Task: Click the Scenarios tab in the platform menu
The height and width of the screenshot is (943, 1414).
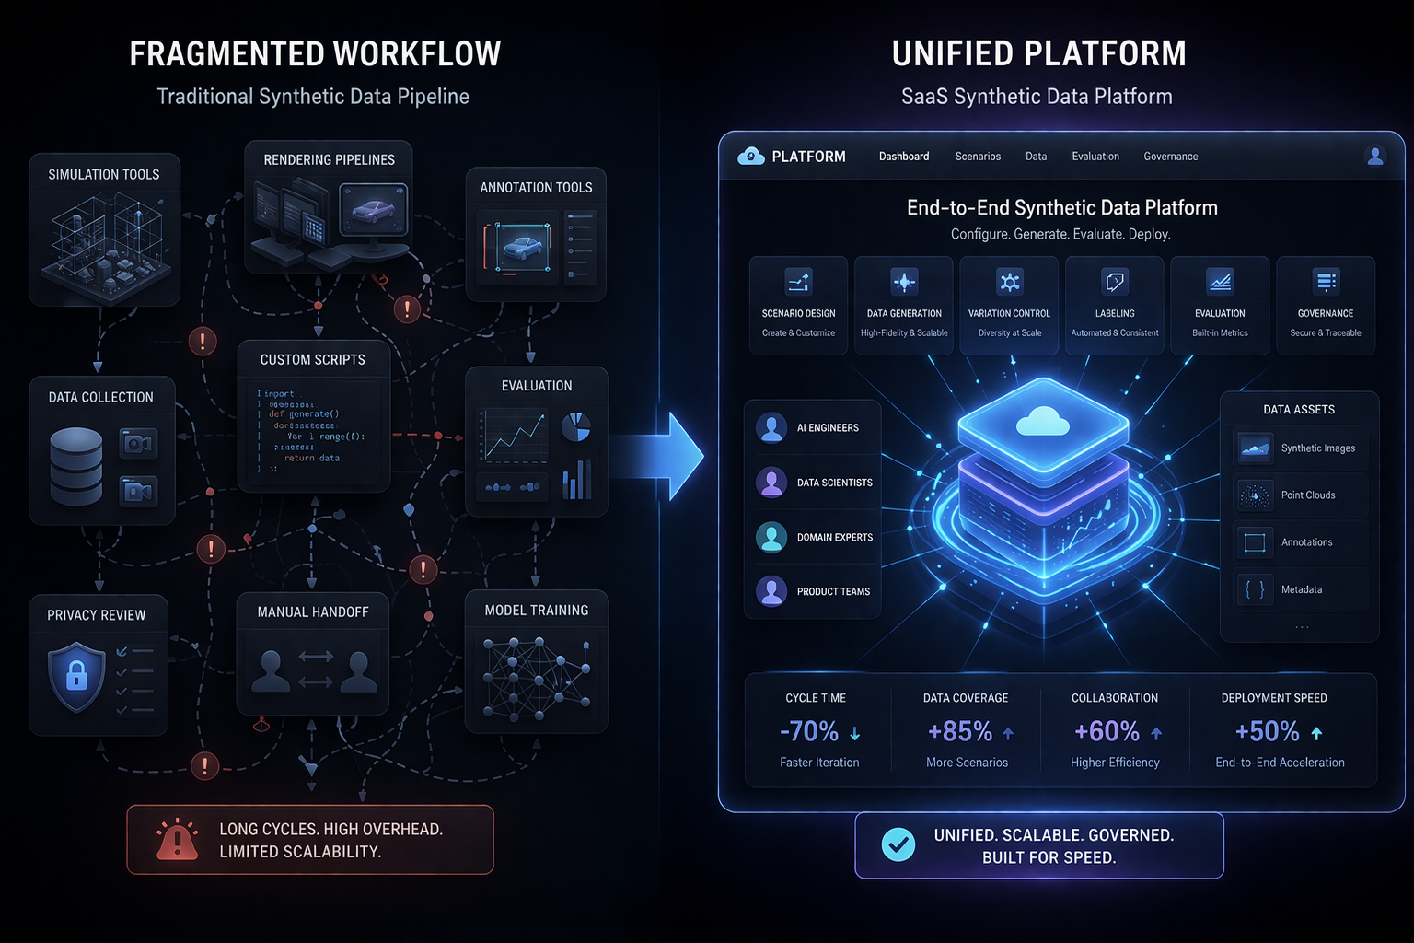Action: point(978,157)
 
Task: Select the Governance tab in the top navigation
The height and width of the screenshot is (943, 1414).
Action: point(1170,157)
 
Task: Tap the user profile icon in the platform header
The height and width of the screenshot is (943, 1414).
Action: point(1375,157)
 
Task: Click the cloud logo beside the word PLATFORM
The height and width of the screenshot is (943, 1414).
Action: point(751,157)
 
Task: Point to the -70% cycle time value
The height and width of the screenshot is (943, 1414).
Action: point(809,731)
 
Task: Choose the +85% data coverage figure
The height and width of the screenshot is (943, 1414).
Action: point(960,731)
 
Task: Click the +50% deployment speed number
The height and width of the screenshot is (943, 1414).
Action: point(1267,731)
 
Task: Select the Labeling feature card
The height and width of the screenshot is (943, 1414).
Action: point(1115,306)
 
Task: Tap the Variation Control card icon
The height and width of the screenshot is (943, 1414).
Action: point(1010,282)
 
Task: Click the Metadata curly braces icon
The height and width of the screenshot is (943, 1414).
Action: point(1254,589)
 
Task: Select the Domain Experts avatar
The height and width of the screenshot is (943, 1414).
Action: point(771,537)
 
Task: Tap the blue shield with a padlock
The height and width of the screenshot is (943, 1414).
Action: point(76,677)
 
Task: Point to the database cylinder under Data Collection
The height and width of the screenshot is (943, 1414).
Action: point(76,466)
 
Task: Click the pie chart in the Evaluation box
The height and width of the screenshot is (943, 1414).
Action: point(576,426)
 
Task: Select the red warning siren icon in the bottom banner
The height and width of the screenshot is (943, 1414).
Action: point(177,840)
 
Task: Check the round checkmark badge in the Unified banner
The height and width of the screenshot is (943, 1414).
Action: point(898,844)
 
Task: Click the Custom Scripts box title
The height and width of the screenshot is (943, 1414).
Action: point(312,360)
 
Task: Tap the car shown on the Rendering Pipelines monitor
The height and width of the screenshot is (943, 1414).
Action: point(373,211)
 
